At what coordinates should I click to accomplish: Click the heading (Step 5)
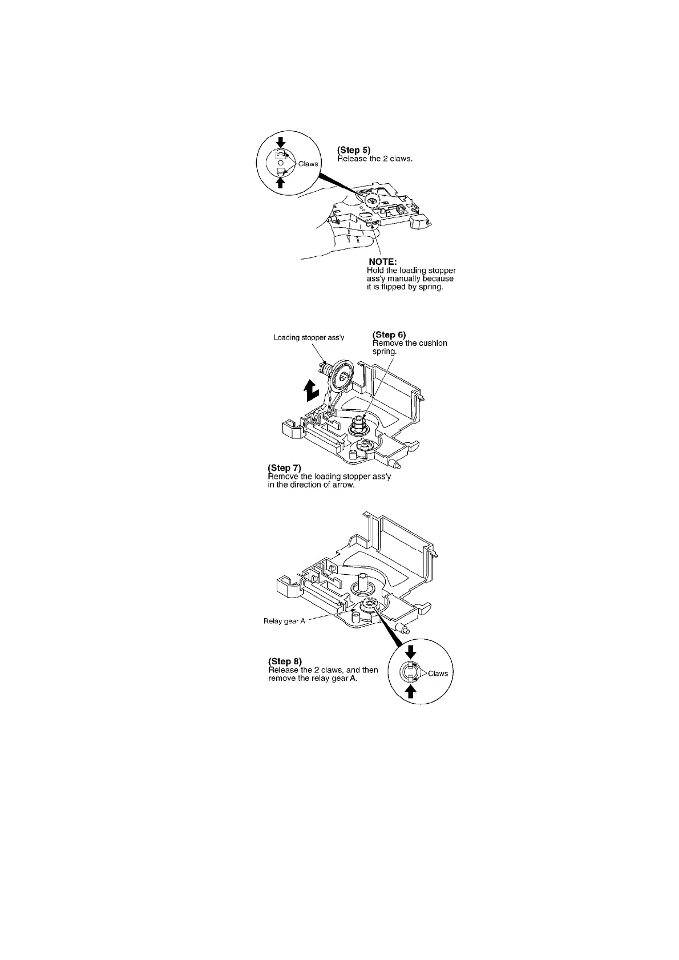point(354,151)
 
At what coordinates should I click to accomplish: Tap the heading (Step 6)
point(389,335)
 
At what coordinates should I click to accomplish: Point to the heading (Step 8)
point(285,662)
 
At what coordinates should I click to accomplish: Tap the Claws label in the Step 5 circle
point(308,164)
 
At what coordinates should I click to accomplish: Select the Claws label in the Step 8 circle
point(438,673)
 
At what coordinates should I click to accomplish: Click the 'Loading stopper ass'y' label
point(309,337)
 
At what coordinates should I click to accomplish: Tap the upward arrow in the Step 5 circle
point(280,181)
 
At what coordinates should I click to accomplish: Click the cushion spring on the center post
point(358,423)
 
